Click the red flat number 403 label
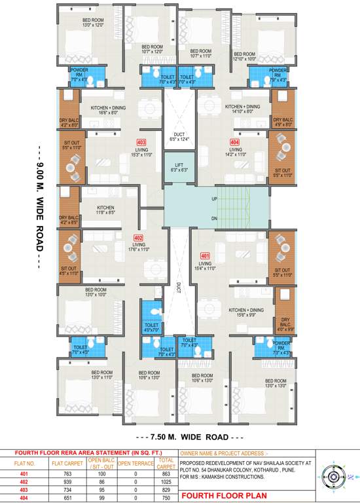click(x=141, y=142)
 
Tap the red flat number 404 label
click(x=234, y=142)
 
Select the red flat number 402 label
click(x=138, y=238)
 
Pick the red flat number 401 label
click(x=205, y=255)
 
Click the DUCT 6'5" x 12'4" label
click(x=179, y=136)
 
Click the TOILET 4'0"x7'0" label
click(x=151, y=327)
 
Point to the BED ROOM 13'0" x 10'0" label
click(x=96, y=291)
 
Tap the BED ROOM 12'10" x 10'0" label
click(x=245, y=56)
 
